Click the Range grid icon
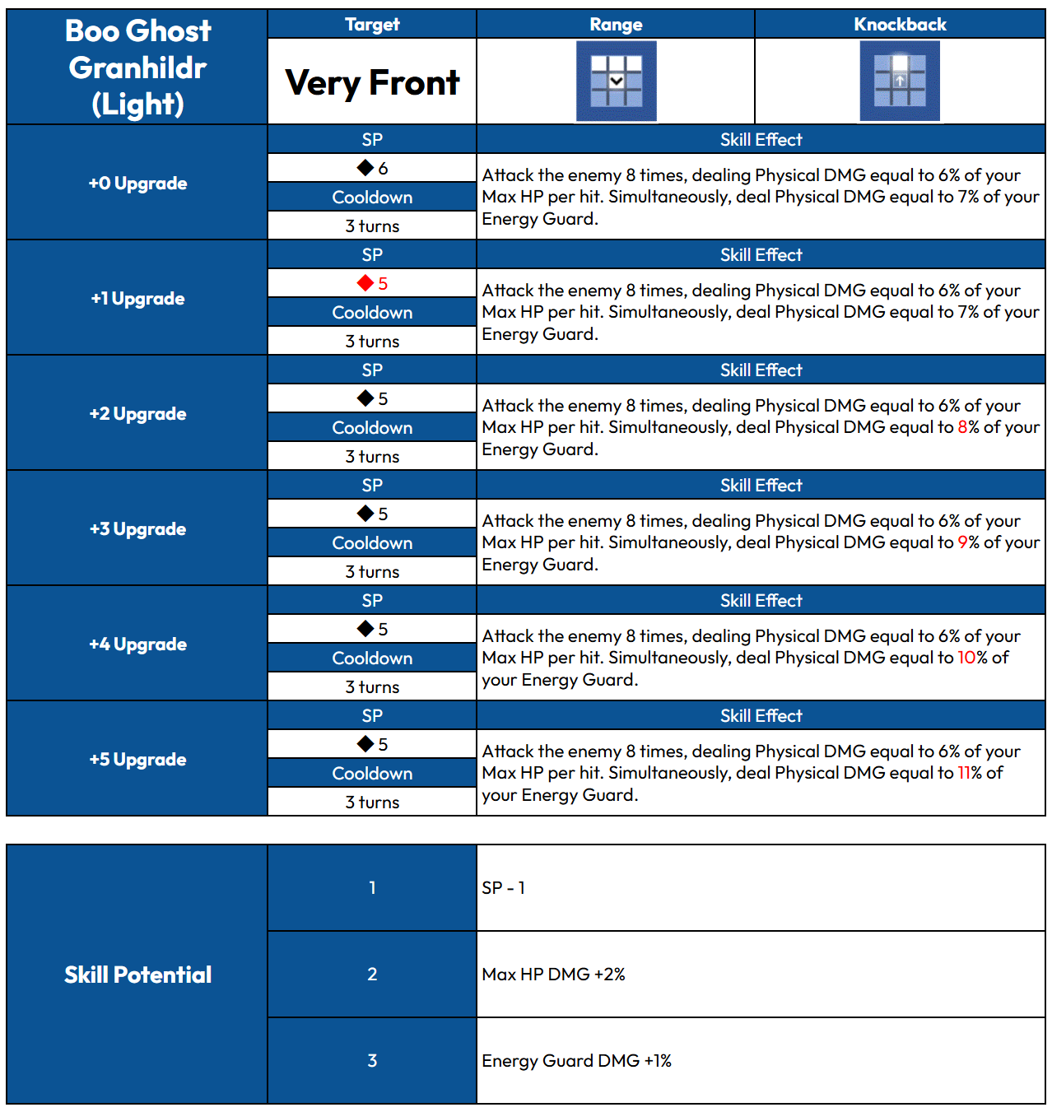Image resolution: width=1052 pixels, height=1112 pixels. point(616,81)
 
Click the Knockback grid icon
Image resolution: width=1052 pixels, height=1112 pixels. point(900,81)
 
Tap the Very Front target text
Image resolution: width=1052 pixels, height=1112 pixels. point(372,82)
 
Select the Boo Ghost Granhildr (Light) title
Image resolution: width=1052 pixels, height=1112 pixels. point(137,67)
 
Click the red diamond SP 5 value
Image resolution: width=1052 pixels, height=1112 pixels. point(373,283)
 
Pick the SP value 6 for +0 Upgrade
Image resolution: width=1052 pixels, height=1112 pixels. point(373,168)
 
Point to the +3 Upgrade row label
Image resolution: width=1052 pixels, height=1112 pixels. point(137,528)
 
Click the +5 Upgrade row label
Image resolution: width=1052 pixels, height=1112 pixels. point(137,759)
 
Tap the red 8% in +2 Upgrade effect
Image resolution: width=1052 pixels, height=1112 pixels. point(968,427)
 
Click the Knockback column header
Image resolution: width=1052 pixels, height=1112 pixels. point(900,25)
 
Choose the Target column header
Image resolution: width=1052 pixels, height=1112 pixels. point(372,25)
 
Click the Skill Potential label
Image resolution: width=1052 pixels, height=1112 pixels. point(137,975)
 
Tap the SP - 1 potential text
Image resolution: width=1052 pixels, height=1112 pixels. point(503,888)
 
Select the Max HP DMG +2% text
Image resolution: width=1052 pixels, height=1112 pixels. point(553,975)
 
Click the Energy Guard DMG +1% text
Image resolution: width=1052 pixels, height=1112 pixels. point(576,1061)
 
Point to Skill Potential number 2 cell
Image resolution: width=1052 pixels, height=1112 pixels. point(372,975)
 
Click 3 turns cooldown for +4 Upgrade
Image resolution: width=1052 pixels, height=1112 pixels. point(372,686)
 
